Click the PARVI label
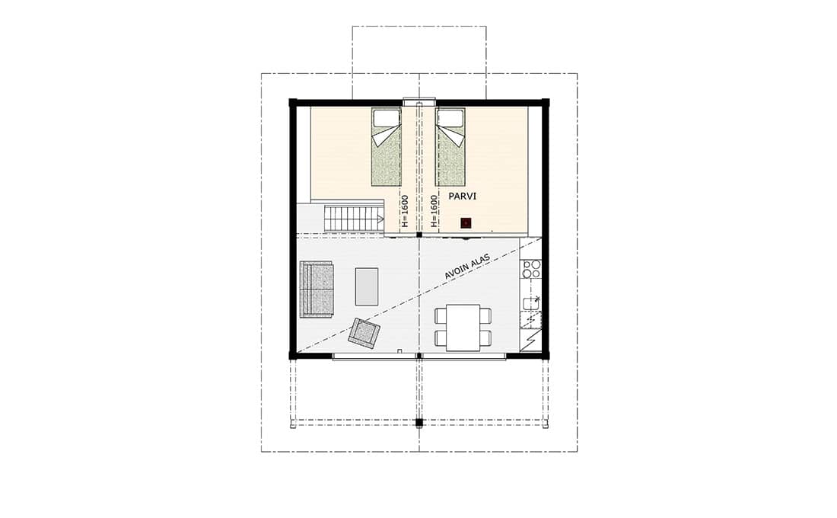tap(463, 197)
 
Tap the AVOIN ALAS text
tap(467, 266)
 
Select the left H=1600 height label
tap(404, 210)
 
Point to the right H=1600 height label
tap(434, 210)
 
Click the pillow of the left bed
tap(387, 118)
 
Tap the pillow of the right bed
tap(450, 118)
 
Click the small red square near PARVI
tap(466, 222)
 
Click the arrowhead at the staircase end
tap(380, 219)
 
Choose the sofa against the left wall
tap(316, 289)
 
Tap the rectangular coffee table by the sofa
tap(367, 286)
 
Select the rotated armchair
tap(364, 332)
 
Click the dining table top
tap(463, 327)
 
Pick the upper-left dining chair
tap(441, 316)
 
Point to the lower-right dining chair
tap(485, 338)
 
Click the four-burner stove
tap(531, 269)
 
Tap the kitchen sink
tap(530, 304)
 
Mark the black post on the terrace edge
tap(419, 422)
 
